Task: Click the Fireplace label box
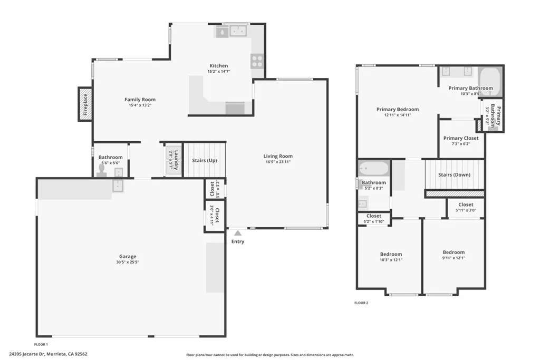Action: point(85,104)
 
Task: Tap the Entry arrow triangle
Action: point(238,232)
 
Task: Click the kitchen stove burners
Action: point(257,61)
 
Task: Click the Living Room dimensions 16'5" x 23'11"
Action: point(278,162)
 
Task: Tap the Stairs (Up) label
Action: point(205,160)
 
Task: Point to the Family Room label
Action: point(140,100)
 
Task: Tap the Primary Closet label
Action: point(461,138)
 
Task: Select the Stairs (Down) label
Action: point(455,175)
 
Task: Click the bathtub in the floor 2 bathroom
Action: point(373,169)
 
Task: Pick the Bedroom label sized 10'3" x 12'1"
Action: point(391,254)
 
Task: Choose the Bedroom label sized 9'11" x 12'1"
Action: point(454,252)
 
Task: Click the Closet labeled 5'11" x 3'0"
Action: point(466,205)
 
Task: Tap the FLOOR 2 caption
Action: point(361,303)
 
